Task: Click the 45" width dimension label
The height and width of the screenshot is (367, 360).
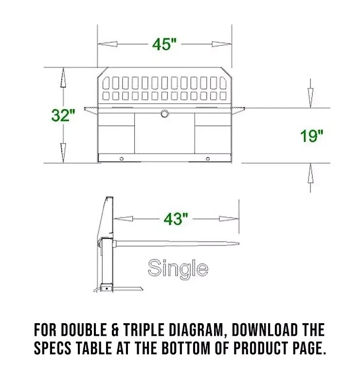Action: coord(164,44)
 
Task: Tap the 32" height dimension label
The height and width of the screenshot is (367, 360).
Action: coord(63,115)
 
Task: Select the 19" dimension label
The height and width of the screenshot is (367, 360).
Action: coord(311,136)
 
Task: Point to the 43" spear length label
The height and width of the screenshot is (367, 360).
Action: coord(176,219)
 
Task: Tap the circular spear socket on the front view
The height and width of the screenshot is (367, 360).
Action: coord(165,113)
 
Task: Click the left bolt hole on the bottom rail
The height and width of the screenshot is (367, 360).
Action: coord(122,159)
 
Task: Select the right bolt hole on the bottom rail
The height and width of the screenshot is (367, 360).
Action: coord(208,159)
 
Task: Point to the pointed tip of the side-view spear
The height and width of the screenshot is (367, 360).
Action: coord(238,244)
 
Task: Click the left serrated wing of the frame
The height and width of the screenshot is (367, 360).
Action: coord(91,110)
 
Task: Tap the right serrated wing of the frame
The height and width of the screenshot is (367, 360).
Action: coord(238,110)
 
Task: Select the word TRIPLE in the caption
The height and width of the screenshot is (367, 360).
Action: coord(144,330)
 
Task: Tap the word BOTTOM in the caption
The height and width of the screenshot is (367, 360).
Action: coord(186,348)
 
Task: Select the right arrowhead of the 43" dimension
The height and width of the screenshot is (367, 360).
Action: coord(229,219)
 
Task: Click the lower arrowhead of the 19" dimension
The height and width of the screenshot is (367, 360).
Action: coord(310,173)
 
